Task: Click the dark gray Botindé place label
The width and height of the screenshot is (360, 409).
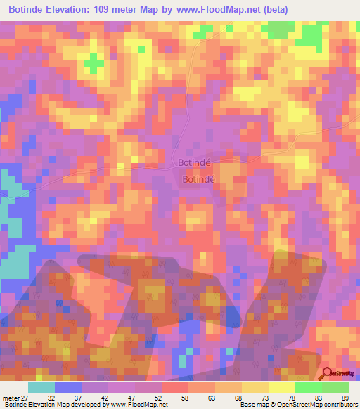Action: (193, 163)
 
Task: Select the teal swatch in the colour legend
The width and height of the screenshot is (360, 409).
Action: (41, 387)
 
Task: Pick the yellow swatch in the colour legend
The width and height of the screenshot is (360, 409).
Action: (282, 387)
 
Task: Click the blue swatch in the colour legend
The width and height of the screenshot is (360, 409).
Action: (68, 387)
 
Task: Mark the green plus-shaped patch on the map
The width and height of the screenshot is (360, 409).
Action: (91, 64)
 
